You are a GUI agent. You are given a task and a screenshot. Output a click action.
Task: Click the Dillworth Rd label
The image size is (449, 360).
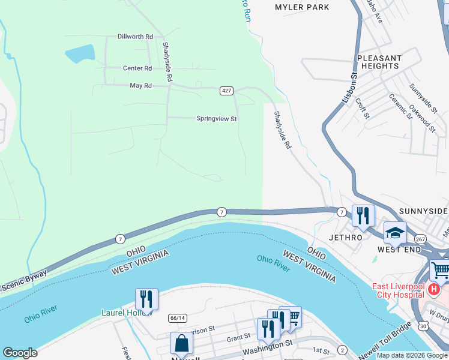[x=135, y=37]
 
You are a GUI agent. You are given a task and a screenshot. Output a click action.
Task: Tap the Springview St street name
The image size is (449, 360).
[x=217, y=119]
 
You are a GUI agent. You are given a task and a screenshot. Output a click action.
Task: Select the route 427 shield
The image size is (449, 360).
[x=226, y=91]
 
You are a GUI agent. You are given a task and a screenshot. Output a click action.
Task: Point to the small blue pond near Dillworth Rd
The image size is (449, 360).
[x=80, y=55]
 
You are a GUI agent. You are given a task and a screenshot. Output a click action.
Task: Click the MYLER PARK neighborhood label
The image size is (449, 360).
[x=302, y=7]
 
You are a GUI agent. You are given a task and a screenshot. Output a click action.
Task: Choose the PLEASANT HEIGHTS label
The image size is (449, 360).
[x=379, y=62]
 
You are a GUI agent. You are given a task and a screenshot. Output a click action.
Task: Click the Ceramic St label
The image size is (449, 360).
[x=400, y=106]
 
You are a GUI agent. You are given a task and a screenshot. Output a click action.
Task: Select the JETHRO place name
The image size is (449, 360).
[x=346, y=237]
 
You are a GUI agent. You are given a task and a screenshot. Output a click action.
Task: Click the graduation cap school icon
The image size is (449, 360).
[x=395, y=233]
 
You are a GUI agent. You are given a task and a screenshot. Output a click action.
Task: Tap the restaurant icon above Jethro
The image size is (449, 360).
[x=363, y=215]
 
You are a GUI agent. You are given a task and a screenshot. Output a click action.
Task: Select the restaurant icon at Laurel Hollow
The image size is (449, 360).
[x=146, y=299]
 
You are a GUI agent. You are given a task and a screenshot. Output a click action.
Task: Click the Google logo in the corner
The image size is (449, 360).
[x=20, y=353]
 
